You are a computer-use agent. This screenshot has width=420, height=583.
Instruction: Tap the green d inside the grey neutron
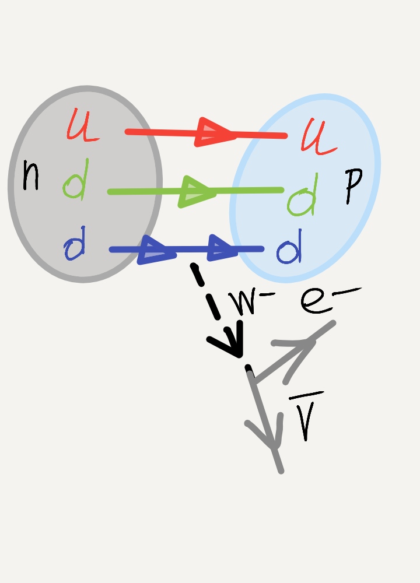pos(76,180)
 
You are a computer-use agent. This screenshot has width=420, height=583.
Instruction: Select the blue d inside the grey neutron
pos(75,244)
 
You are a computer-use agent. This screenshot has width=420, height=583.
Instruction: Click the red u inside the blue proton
pos(318,138)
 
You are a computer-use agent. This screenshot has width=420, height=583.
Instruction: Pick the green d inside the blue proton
pos(303,195)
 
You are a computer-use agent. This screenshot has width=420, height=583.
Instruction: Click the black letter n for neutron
pos(30,176)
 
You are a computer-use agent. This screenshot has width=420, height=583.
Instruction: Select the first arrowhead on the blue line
pos(155,250)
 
